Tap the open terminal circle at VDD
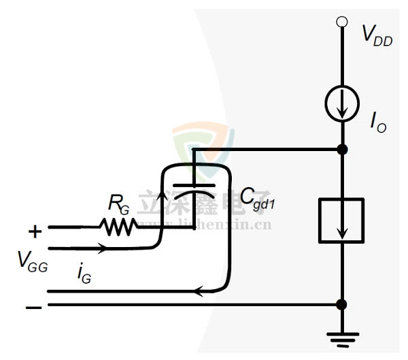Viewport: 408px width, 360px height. (x=342, y=22)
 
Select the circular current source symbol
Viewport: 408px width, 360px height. (x=342, y=104)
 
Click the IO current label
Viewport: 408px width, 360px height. (x=378, y=122)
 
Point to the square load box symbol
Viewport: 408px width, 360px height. (x=341, y=220)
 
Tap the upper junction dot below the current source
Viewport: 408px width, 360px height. (x=342, y=148)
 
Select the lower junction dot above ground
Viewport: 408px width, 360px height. (x=342, y=304)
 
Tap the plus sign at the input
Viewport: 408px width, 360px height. (x=35, y=231)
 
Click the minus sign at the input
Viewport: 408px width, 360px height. (x=33, y=308)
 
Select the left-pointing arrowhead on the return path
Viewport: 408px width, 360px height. (x=197, y=291)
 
